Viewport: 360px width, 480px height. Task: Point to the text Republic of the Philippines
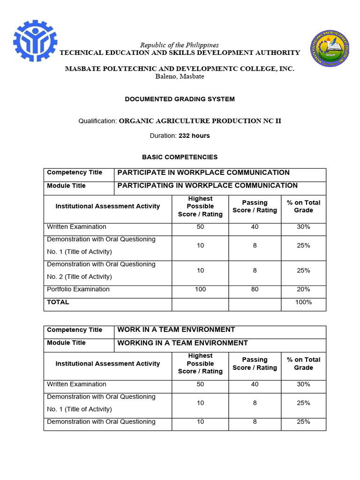click(180, 45)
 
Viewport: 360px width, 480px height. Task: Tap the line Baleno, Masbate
click(180, 76)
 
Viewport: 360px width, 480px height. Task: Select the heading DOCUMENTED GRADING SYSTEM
click(180, 99)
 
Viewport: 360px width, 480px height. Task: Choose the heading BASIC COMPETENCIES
click(180, 157)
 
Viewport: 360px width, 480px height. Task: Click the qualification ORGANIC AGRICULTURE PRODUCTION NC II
click(200, 121)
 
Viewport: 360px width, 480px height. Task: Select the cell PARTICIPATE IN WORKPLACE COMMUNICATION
click(203, 172)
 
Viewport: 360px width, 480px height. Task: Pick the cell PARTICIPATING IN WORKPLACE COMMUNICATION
click(207, 186)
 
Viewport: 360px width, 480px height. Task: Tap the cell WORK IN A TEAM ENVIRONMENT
click(176, 330)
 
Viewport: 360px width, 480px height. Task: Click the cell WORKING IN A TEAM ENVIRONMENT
click(182, 343)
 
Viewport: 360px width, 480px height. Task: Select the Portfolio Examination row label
click(78, 289)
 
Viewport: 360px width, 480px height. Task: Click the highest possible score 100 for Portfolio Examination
click(200, 289)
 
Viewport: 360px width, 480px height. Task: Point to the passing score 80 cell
click(255, 289)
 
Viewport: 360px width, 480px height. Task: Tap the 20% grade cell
click(303, 289)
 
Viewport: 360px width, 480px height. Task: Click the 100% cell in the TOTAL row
click(303, 302)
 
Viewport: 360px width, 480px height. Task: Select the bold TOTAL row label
click(58, 302)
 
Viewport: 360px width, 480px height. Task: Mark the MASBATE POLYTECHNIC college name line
click(180, 68)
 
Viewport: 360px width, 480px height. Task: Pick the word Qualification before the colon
click(97, 121)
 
